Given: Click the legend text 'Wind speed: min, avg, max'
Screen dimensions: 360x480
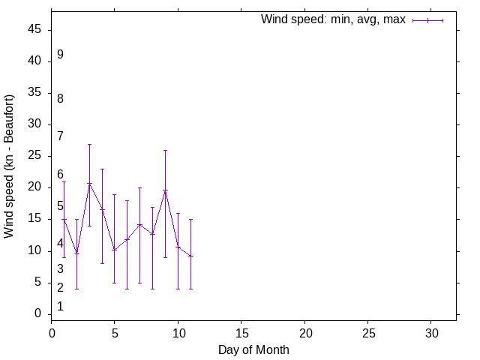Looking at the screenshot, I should pos(333,19).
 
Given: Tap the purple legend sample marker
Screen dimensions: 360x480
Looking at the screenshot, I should pos(427,20).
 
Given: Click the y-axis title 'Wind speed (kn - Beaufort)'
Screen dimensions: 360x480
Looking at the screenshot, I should pos(9,166).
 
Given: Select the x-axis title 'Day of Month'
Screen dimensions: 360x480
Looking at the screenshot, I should pos(253,349).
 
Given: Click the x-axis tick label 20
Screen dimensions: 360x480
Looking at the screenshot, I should pos(304,332).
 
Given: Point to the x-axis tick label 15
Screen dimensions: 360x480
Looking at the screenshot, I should pos(241,332).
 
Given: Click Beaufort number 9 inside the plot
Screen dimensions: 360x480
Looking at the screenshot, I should pos(60,55).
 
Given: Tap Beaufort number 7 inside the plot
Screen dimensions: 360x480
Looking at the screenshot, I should pos(60,136).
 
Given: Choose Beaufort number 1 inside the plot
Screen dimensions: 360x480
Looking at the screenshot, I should pos(60,307).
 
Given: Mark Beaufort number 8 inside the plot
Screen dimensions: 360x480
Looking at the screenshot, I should pos(60,99).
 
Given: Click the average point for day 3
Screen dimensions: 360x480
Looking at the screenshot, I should pos(89,184).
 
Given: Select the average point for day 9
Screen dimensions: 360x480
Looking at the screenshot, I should pos(165,190).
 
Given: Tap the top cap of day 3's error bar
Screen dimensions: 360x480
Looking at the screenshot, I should pos(89,144).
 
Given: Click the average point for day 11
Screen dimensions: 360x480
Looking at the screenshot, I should pos(190,256).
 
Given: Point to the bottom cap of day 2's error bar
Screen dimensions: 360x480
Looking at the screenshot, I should pos(76,289).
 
